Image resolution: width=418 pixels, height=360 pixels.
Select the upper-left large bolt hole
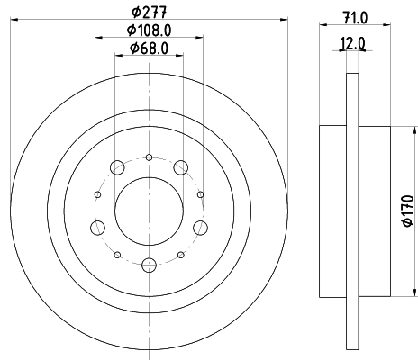click(116, 167)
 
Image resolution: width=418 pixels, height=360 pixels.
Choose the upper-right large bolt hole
click(181, 167)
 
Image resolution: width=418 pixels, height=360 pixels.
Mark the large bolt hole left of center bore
click(97, 227)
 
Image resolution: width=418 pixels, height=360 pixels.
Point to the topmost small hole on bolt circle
click(149, 157)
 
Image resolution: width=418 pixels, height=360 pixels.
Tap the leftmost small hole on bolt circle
click(97, 193)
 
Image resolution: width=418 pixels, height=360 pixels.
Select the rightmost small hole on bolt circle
click(200, 193)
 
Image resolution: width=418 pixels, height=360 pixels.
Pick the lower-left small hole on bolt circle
click(117, 254)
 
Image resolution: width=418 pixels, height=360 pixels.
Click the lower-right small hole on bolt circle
click(180, 254)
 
